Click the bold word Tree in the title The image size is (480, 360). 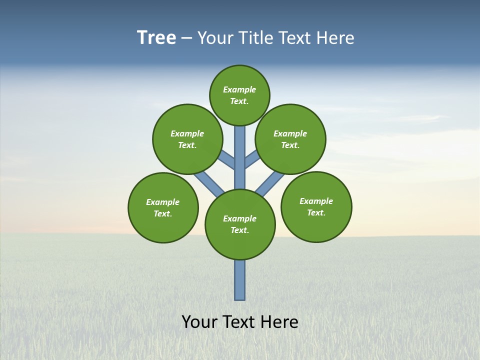click(x=156, y=38)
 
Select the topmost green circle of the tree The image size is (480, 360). click(x=239, y=80)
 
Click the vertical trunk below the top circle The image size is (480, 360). click(x=240, y=150)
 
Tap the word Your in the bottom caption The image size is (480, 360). click(x=199, y=322)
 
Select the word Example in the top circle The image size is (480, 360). click(x=239, y=89)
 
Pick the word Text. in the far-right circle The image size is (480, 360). click(x=316, y=212)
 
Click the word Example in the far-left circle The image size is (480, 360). click(x=163, y=202)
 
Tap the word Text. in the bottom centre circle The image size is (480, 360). click(x=240, y=230)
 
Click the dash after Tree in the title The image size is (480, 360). click(x=187, y=38)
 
